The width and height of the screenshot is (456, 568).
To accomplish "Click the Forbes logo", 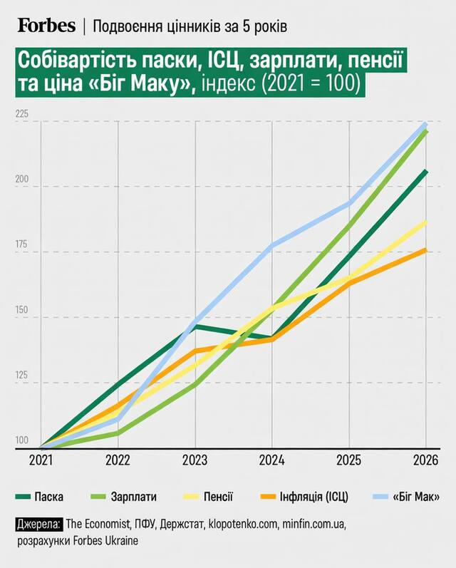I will coord(46,26).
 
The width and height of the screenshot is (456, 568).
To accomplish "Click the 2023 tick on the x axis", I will coord(195,460).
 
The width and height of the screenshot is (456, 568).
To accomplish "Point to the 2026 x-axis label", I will coord(425,460).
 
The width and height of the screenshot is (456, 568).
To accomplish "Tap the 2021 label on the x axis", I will coord(41,460).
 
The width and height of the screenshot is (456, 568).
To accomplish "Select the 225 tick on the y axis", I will coord(23,114).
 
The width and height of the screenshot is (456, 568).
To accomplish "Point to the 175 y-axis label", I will coord(23,244).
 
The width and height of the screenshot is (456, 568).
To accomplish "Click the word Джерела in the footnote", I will coord(39,525).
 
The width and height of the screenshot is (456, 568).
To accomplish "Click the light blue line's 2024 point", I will coord(271,246).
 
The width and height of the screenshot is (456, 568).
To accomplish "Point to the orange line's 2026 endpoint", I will coord(425,249).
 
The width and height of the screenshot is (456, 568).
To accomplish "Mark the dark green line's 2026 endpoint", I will coord(425,171).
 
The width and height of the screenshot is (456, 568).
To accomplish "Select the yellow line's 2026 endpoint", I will coord(425,222).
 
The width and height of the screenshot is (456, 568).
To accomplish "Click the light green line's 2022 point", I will coord(118,433).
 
